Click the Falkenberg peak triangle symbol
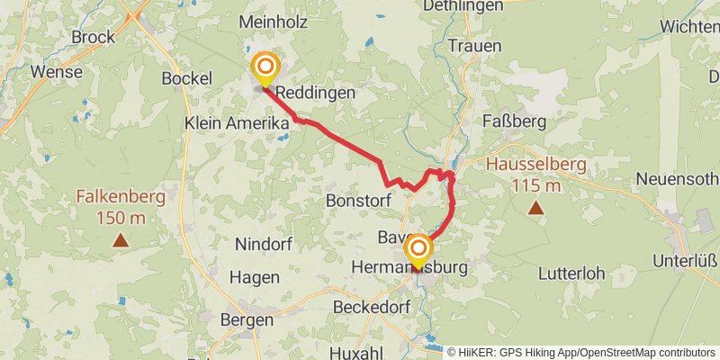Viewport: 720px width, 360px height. coord(120,239)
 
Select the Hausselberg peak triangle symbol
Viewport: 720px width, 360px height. coord(535,209)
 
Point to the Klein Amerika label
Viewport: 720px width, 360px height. coord(237,122)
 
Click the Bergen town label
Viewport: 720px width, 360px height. coord(246,320)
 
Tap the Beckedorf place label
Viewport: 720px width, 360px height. coord(371,307)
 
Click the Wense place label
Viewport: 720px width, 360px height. coord(56,71)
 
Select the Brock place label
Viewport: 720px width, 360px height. coord(94,37)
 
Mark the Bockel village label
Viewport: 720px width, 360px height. coord(185,78)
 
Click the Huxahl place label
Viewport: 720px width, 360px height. coord(363,352)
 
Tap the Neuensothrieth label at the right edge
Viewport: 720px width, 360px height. coord(677,178)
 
